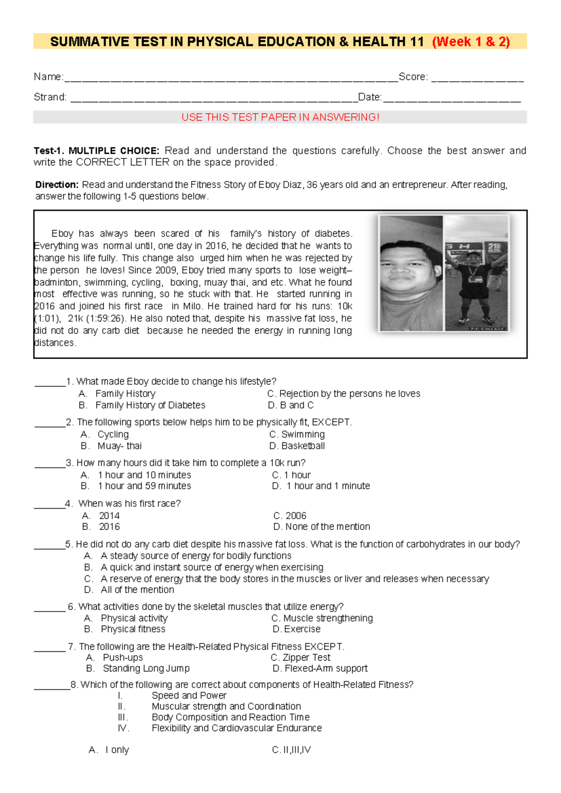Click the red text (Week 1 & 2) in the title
[x=470, y=42]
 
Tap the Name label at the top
[x=48, y=77]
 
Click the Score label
[x=413, y=77]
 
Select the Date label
[x=370, y=97]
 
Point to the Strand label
[x=50, y=97]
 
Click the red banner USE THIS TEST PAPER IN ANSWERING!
[x=280, y=117]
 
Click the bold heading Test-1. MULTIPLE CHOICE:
[x=96, y=151]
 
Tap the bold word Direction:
[x=57, y=185]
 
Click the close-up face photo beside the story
[x=411, y=274]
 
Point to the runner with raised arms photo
[x=476, y=274]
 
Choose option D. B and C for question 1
[x=290, y=405]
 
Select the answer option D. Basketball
[x=297, y=446]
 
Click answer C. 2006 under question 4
[x=289, y=516]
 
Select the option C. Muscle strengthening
[x=322, y=618]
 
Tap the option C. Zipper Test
[x=301, y=657]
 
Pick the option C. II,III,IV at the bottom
[x=291, y=750]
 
